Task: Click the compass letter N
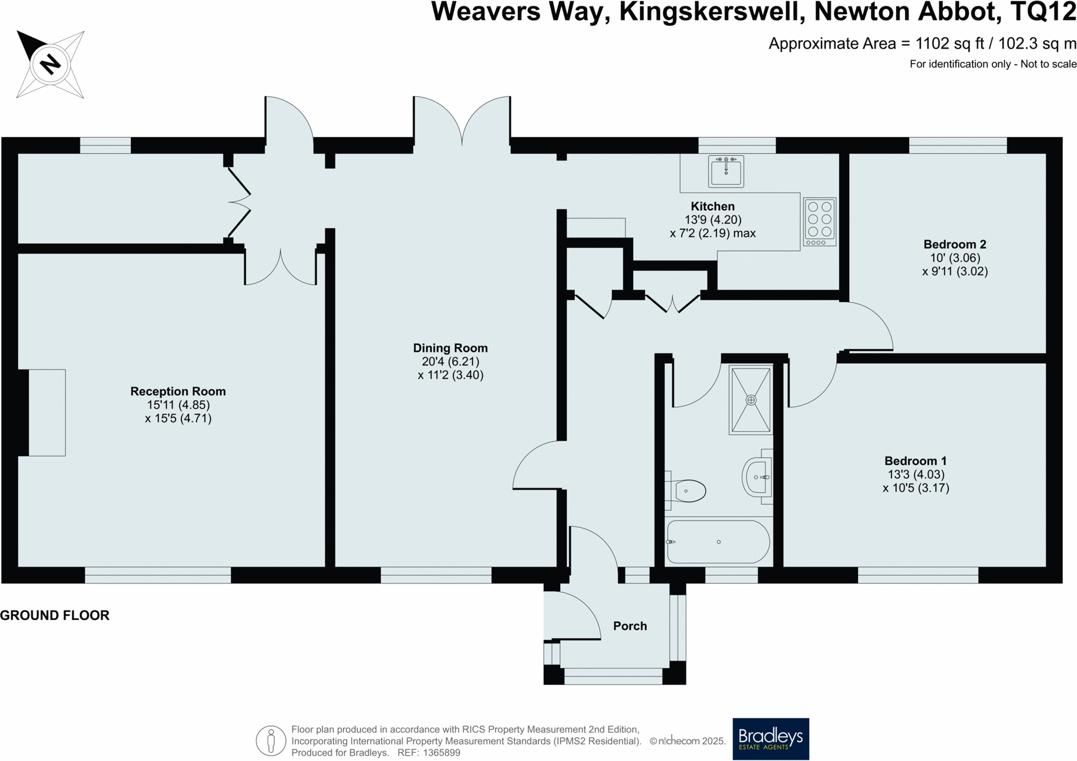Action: [x=51, y=63]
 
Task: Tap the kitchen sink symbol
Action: [x=726, y=171]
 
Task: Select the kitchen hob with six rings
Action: [x=819, y=222]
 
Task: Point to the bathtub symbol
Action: [x=718, y=542]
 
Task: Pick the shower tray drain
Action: [x=750, y=400]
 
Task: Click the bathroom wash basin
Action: [x=757, y=477]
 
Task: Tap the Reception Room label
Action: [x=178, y=391]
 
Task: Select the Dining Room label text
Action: [x=450, y=348]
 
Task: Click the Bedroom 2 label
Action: [x=954, y=244]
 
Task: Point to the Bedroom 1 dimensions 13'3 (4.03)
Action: [x=916, y=474]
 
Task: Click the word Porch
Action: [x=630, y=626]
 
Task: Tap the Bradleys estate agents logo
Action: [x=770, y=739]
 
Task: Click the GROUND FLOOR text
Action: [x=55, y=615]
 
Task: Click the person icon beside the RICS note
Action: [x=271, y=740]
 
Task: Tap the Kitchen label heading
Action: [x=712, y=206]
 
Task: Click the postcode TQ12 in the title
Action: [x=1043, y=12]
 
